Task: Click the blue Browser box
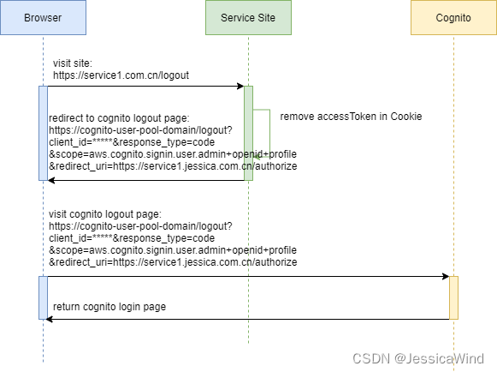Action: click(43, 18)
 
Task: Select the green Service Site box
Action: click(248, 18)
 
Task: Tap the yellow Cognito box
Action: click(453, 18)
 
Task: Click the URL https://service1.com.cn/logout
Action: click(121, 75)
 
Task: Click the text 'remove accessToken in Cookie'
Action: click(351, 117)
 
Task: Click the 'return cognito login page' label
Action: click(109, 307)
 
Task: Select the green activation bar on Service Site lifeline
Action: click(248, 133)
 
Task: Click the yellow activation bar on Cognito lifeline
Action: click(453, 297)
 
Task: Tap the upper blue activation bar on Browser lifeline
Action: click(43, 133)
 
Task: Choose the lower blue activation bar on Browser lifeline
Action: click(43, 297)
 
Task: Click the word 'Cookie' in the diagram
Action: click(405, 117)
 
